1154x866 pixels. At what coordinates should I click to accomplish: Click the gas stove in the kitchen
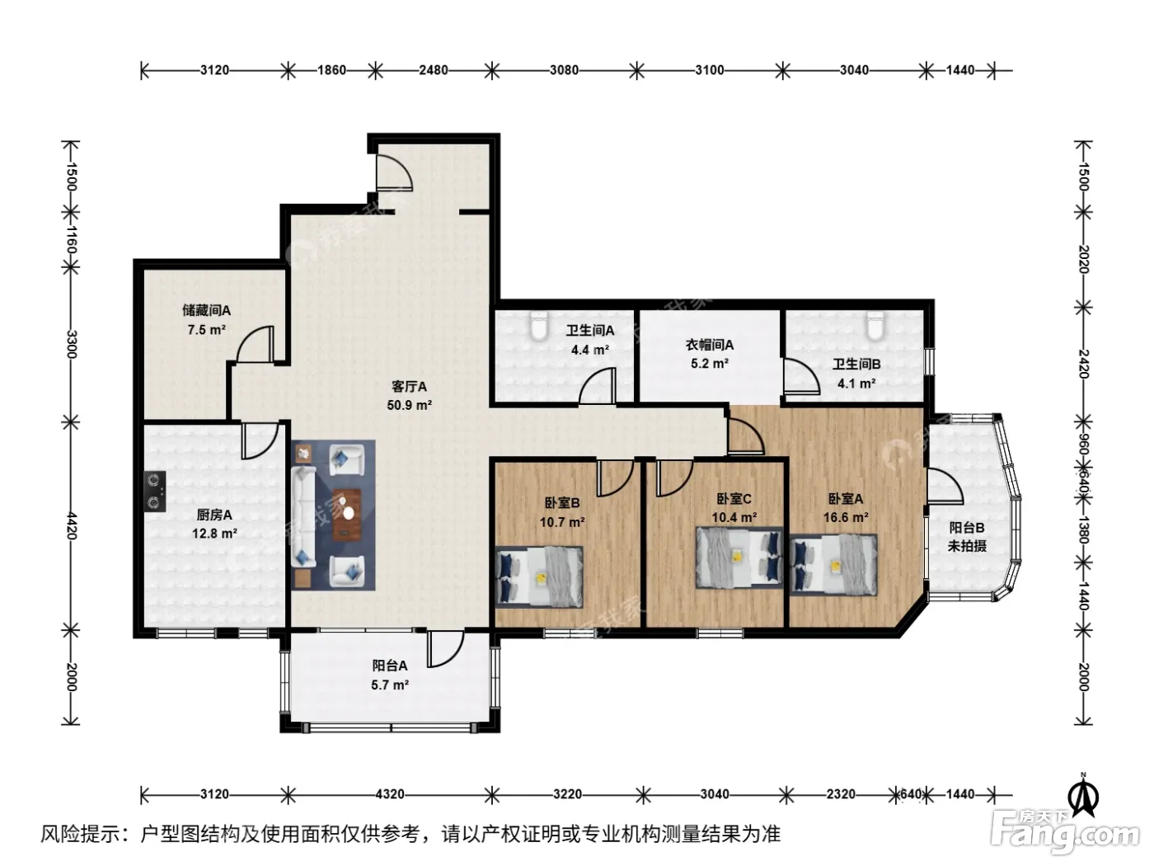155,491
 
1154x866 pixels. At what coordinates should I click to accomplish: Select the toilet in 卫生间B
875,325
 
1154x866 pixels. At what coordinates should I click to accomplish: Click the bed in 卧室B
539,577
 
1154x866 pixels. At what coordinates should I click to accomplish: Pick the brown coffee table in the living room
347,515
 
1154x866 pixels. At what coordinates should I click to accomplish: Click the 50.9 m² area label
410,406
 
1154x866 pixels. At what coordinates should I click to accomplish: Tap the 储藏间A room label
207,311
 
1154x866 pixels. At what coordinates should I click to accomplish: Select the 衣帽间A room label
709,345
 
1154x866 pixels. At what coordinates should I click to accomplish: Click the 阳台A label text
390,666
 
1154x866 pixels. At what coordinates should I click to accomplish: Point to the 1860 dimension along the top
331,70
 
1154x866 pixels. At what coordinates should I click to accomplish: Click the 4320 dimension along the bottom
390,794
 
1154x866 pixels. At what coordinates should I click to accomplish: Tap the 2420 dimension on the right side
1084,364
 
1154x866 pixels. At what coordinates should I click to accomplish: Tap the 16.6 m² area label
846,517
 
